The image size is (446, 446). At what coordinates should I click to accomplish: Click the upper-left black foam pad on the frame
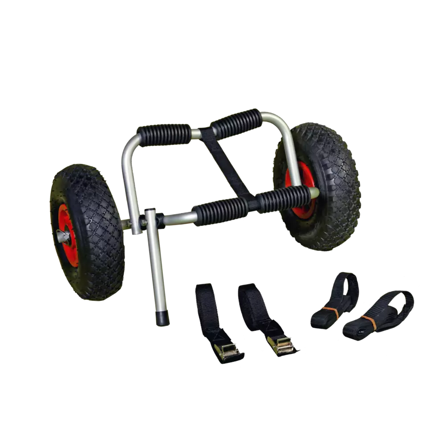click(164, 133)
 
